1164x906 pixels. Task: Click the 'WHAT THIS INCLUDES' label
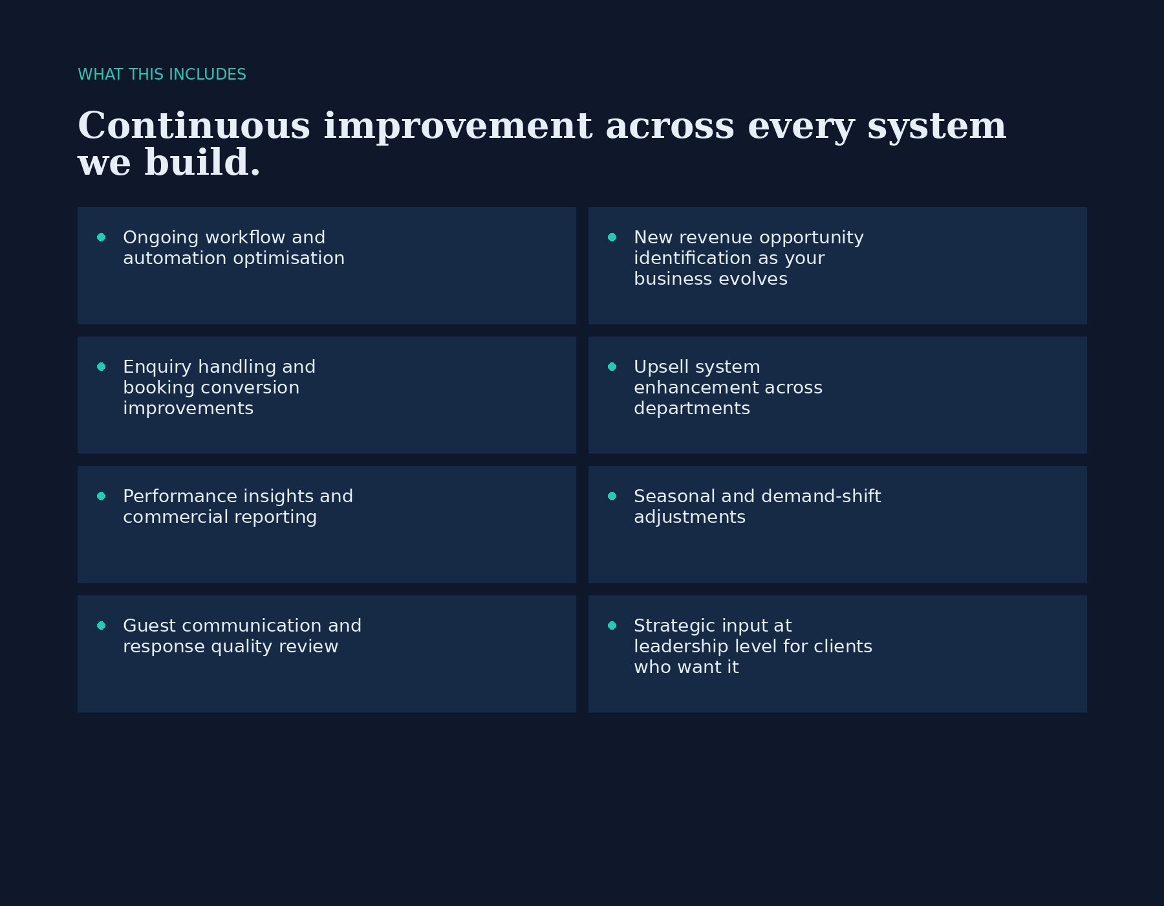[x=162, y=74]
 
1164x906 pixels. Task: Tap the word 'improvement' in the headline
[x=458, y=127]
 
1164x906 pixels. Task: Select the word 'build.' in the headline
[x=202, y=162]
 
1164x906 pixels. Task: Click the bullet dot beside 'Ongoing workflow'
[x=102, y=238]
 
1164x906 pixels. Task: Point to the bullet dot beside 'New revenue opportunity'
[x=612, y=238]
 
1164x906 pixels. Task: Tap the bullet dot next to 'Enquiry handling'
[x=102, y=367]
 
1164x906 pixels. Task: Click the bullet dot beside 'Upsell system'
[x=612, y=367]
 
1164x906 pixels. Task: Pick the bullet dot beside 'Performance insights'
[x=102, y=496]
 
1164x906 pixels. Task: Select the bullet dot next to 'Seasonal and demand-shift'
[x=612, y=496]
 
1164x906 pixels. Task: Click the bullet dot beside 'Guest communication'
[x=102, y=626]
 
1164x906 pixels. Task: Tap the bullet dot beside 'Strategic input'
[x=612, y=626]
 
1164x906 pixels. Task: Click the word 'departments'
[x=692, y=409]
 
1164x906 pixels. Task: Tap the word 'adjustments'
[x=689, y=518]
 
